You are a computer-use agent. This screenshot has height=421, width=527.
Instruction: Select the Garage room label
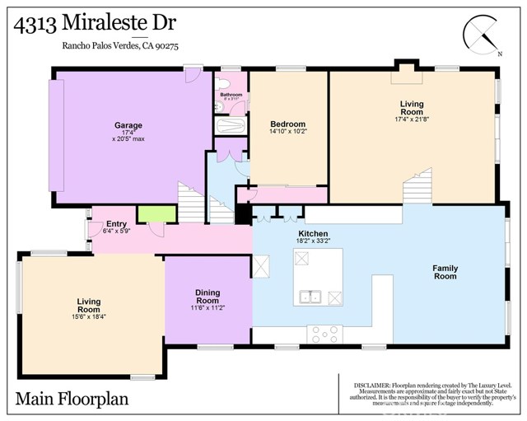[x=128, y=125]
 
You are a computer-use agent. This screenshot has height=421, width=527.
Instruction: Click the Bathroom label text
[x=231, y=95]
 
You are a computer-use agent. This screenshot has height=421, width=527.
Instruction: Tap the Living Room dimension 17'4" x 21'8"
[x=411, y=119]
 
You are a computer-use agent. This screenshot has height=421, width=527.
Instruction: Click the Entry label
[x=116, y=223]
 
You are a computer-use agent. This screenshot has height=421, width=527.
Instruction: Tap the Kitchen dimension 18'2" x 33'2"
[x=314, y=241]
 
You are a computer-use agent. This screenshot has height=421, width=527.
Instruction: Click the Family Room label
[x=445, y=273]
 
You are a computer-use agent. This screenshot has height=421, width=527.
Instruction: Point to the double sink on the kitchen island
[x=310, y=297]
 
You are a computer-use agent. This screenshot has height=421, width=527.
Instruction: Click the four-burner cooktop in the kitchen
[x=325, y=334]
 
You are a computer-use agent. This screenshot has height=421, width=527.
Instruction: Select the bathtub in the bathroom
[x=231, y=126]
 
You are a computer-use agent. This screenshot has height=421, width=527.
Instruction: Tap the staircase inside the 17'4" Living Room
[x=417, y=186]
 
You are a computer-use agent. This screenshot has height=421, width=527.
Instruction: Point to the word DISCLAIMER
[x=374, y=383]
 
